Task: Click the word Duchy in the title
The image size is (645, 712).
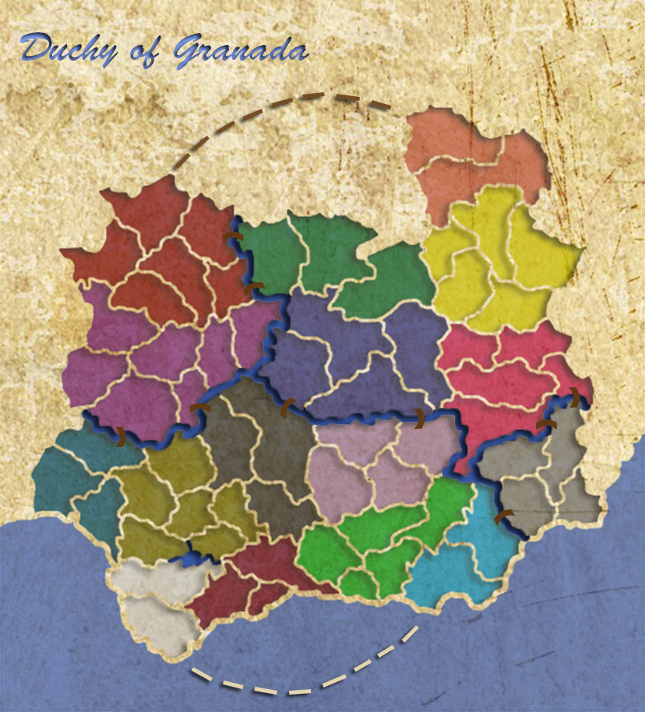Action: tap(67, 49)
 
